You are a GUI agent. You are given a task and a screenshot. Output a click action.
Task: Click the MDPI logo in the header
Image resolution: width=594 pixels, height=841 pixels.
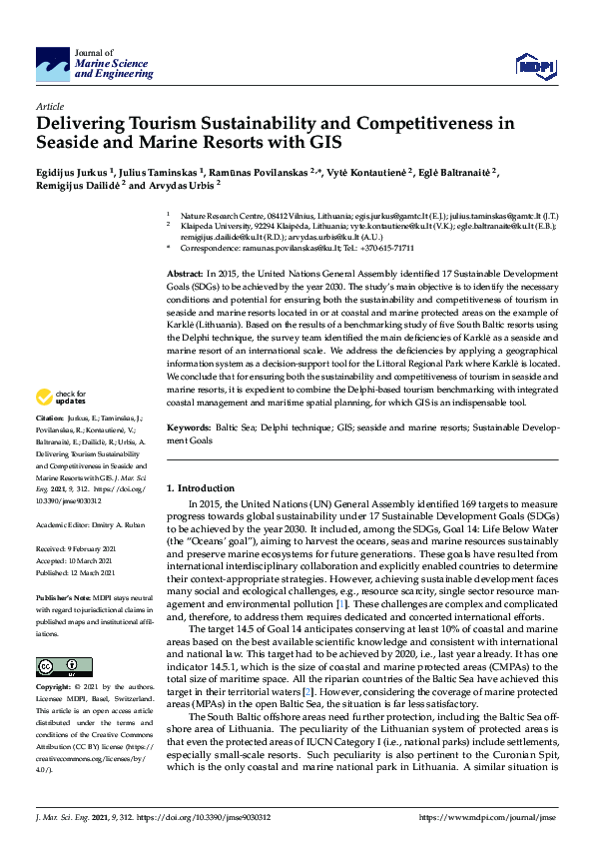click(x=533, y=65)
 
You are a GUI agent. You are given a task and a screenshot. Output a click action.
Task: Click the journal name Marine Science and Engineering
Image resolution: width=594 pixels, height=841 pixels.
click(x=112, y=69)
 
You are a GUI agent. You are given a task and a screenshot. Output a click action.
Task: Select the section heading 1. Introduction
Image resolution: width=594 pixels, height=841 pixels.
click(x=205, y=487)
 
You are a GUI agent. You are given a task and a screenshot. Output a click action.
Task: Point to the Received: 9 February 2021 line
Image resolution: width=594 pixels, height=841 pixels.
click(x=79, y=548)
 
